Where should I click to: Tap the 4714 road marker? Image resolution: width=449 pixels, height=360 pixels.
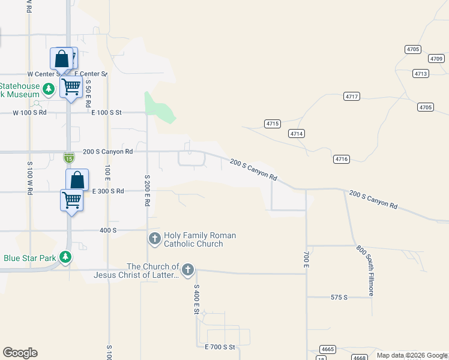(295, 133)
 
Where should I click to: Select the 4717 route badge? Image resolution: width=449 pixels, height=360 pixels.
(352, 97)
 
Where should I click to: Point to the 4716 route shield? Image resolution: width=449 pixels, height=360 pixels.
(342, 158)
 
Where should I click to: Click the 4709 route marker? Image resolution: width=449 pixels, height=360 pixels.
(436, 59)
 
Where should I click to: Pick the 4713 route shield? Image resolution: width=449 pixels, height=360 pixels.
(421, 73)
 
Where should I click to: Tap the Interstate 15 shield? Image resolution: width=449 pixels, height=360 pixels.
(69, 157)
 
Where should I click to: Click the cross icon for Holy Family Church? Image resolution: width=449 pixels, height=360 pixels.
(154, 239)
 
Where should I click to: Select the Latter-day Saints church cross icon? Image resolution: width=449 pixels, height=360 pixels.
(188, 270)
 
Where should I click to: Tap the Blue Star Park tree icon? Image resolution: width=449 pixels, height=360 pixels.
(65, 258)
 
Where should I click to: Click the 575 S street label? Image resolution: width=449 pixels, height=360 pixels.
(339, 298)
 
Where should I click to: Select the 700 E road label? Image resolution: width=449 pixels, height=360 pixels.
(306, 259)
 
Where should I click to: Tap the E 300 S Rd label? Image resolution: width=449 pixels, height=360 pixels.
(107, 191)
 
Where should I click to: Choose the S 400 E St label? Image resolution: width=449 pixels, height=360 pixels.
(196, 299)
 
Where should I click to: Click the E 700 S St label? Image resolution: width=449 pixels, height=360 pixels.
(220, 347)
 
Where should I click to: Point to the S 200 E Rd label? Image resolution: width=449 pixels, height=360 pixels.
(147, 191)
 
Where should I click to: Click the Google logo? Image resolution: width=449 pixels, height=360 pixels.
(20, 353)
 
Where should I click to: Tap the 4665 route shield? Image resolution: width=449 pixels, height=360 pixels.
(328, 349)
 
